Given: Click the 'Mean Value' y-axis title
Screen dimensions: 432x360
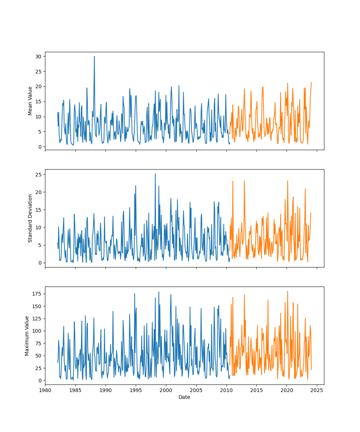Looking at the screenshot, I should pyautogui.click(x=30, y=101).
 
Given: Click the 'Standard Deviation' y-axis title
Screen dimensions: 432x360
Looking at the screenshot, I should pyautogui.click(x=30, y=218).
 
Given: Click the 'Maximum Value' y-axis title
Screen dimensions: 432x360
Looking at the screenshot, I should pyautogui.click(x=27, y=336).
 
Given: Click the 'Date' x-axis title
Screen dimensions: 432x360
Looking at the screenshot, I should pyautogui.click(x=184, y=397).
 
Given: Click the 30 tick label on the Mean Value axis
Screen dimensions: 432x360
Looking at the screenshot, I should pyautogui.click(x=38, y=57).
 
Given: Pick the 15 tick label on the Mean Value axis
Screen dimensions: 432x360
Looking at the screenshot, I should pyautogui.click(x=38, y=102).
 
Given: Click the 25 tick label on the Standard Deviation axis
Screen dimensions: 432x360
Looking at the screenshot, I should pyautogui.click(x=38, y=175).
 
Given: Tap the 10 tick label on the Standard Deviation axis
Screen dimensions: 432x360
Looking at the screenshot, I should pyautogui.click(x=38, y=228).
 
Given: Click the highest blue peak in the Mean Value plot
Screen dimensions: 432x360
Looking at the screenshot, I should pyautogui.click(x=94, y=56).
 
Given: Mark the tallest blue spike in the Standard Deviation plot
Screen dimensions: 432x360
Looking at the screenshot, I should pyautogui.click(x=155, y=174).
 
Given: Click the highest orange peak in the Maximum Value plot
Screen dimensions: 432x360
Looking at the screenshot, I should pyautogui.click(x=287, y=291).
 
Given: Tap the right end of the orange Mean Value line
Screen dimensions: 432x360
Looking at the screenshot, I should pyautogui.click(x=311, y=82).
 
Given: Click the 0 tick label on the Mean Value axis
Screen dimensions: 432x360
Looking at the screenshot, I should pyautogui.click(x=39, y=147).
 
